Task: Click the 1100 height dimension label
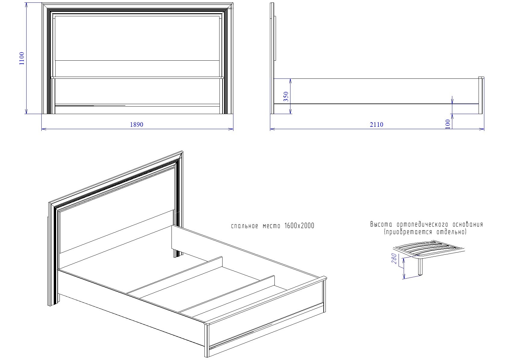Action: tap(22, 58)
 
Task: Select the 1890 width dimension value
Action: tap(136, 125)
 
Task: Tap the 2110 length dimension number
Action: tap(376, 125)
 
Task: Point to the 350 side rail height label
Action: tap(286, 96)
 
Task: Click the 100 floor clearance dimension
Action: tap(448, 124)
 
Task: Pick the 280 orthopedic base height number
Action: tap(394, 258)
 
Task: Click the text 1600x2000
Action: tap(299, 226)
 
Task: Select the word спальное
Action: tap(245, 226)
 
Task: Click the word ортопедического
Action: tap(422, 225)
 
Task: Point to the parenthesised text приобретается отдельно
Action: tap(425, 232)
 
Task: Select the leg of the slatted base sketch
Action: tap(420, 267)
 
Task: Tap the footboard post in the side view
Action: tap(481, 95)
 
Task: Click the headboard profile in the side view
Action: tap(273, 58)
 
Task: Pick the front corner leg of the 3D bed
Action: tap(207, 339)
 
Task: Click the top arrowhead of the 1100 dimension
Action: tap(26, 5)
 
